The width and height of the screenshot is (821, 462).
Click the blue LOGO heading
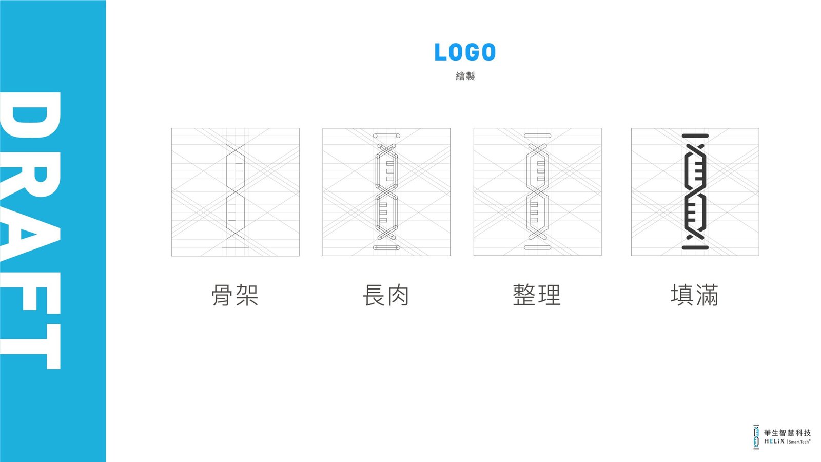(465, 52)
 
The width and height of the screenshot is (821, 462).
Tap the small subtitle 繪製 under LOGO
(465, 76)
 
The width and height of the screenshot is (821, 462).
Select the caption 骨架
(235, 295)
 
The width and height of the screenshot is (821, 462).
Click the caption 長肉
(386, 295)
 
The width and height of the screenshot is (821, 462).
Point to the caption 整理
(537, 295)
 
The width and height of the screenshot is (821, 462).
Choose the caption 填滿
(695, 295)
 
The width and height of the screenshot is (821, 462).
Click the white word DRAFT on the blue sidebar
(30, 230)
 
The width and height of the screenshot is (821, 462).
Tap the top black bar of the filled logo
(695, 136)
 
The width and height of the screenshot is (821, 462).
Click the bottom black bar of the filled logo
(695, 248)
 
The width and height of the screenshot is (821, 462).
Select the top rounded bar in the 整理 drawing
(537, 136)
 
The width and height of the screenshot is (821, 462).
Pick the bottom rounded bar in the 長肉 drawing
(386, 248)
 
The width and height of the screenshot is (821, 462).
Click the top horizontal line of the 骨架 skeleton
(236, 136)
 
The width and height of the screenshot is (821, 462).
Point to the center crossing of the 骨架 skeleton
(236, 192)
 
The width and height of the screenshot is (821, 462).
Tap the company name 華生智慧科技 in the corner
(787, 433)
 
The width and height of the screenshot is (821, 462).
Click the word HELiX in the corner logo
(774, 441)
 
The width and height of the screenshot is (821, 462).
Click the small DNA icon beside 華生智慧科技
(756, 437)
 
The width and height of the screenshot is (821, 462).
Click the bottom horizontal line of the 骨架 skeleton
(236, 248)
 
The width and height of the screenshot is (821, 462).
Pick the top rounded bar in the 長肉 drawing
(386, 136)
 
